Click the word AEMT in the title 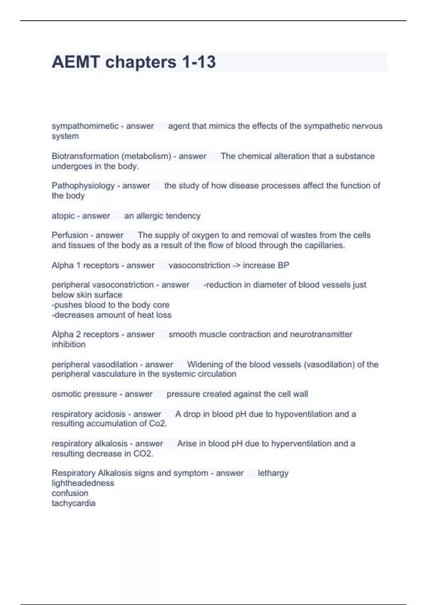[x=75, y=62]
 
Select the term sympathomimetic [x=85, y=126]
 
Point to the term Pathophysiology [x=83, y=186]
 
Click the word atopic [x=63, y=216]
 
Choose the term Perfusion [x=70, y=235]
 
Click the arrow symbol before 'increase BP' [x=236, y=265]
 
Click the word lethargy [x=273, y=473]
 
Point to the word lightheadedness [x=83, y=483]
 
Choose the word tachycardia [x=73, y=503]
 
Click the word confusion [x=70, y=493]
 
